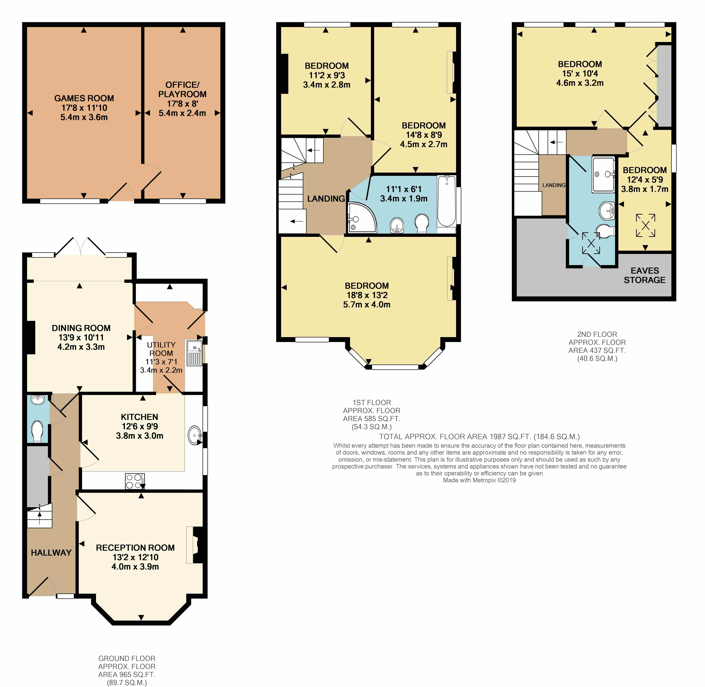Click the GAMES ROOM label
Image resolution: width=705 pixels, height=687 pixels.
click(84, 98)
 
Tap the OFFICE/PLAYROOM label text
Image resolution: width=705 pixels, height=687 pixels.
click(182, 89)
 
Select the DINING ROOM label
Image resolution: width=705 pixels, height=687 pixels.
click(81, 328)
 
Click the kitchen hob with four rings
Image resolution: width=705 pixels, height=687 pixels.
click(135, 481)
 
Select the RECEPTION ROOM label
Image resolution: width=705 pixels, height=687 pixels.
click(135, 548)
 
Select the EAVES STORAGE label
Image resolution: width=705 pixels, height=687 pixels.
click(645, 275)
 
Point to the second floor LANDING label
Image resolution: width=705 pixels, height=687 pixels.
click(554, 185)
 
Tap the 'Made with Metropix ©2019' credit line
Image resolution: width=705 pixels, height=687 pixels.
click(479, 480)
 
